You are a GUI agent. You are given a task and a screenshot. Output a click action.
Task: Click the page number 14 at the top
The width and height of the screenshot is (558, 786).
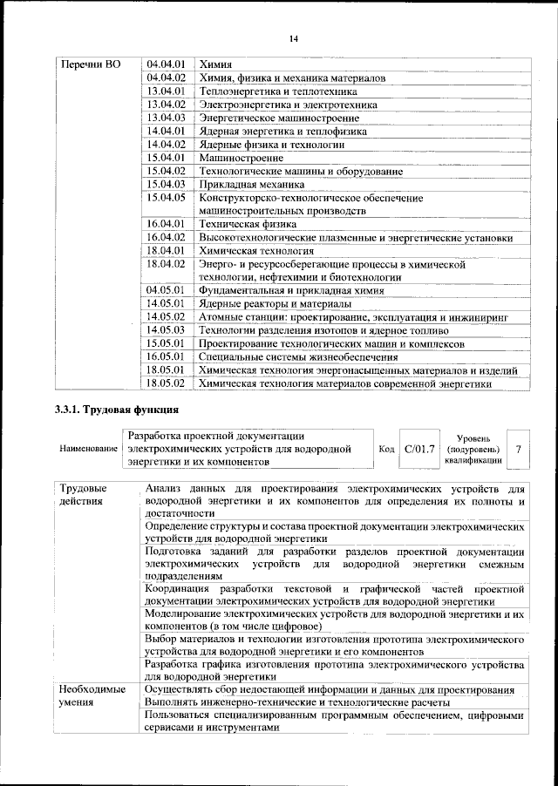(293, 37)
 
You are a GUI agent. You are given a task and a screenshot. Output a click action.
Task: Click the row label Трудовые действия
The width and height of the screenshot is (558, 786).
(83, 494)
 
